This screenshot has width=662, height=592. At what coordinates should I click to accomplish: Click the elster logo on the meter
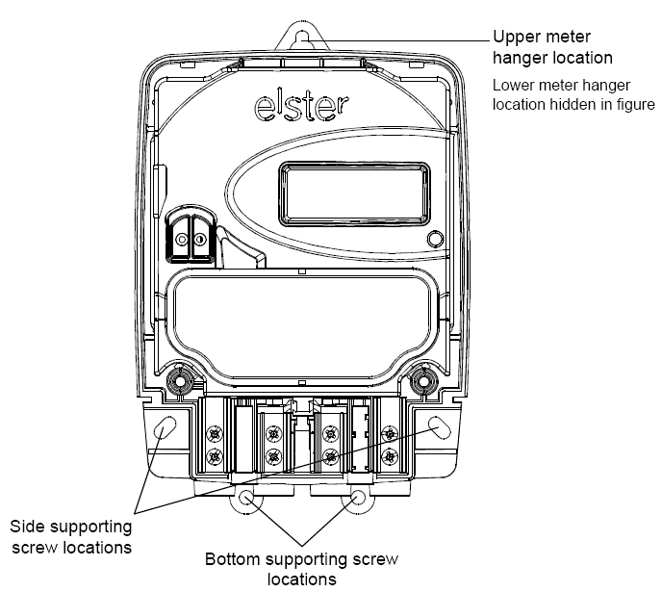301,106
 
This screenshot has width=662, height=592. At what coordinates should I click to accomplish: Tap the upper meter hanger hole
302,39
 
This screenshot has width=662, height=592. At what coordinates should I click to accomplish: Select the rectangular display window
354,193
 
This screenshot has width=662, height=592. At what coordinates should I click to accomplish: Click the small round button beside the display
435,239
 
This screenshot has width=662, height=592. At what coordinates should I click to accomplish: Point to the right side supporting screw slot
439,426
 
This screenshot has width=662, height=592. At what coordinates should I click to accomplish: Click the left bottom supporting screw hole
245,497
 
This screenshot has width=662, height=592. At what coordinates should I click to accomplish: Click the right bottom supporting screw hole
358,497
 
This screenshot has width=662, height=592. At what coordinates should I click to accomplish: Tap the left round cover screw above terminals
180,382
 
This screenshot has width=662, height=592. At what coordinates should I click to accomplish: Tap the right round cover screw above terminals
423,382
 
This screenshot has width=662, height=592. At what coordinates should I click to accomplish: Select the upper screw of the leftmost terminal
215,434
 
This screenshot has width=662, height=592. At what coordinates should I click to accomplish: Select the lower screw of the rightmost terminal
389,456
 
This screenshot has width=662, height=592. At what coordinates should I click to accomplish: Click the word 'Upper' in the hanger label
517,38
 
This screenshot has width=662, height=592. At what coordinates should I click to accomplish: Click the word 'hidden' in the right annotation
575,104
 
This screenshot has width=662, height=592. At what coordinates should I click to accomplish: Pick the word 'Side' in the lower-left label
29,527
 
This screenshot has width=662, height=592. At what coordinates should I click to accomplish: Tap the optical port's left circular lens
182,240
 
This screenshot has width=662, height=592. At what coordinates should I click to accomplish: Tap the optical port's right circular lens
199,240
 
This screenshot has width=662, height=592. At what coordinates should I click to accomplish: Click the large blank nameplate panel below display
301,326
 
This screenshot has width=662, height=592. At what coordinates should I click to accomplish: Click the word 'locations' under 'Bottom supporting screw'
302,579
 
